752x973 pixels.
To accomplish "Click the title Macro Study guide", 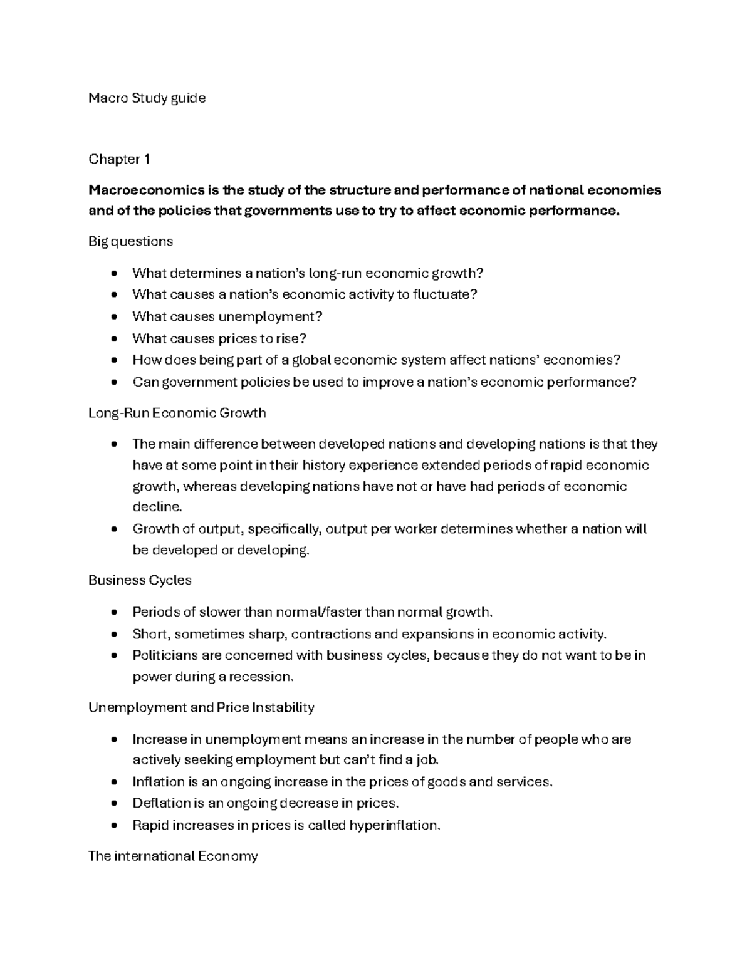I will (x=147, y=98).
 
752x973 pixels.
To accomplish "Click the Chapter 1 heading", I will (x=119, y=159).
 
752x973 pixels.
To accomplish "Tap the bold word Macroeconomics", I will (x=137, y=190).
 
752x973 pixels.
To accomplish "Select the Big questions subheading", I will (x=130, y=241).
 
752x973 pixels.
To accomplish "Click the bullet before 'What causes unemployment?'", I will (x=113, y=317).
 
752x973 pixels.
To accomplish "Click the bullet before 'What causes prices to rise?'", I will (x=113, y=339).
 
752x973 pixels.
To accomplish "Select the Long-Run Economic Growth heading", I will (x=177, y=413).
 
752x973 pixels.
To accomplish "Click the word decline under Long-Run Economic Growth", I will (x=156, y=507).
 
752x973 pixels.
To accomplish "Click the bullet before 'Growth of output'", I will (x=113, y=529).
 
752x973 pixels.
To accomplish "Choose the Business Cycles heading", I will (x=140, y=580).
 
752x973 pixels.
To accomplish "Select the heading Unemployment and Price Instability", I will (x=201, y=708).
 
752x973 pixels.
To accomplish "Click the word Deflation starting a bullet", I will (x=161, y=803).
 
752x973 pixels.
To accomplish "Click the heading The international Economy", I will (x=173, y=856).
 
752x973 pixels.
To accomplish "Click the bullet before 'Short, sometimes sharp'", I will (x=113, y=634).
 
